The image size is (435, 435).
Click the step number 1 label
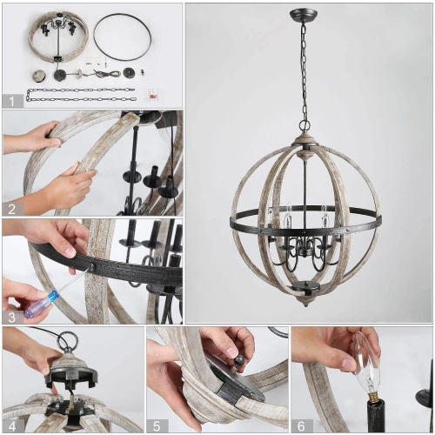[10, 100]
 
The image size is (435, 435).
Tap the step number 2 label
[10, 208]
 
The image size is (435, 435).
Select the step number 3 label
[10, 316]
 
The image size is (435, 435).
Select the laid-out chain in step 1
[78, 94]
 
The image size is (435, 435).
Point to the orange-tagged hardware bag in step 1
[154, 90]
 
